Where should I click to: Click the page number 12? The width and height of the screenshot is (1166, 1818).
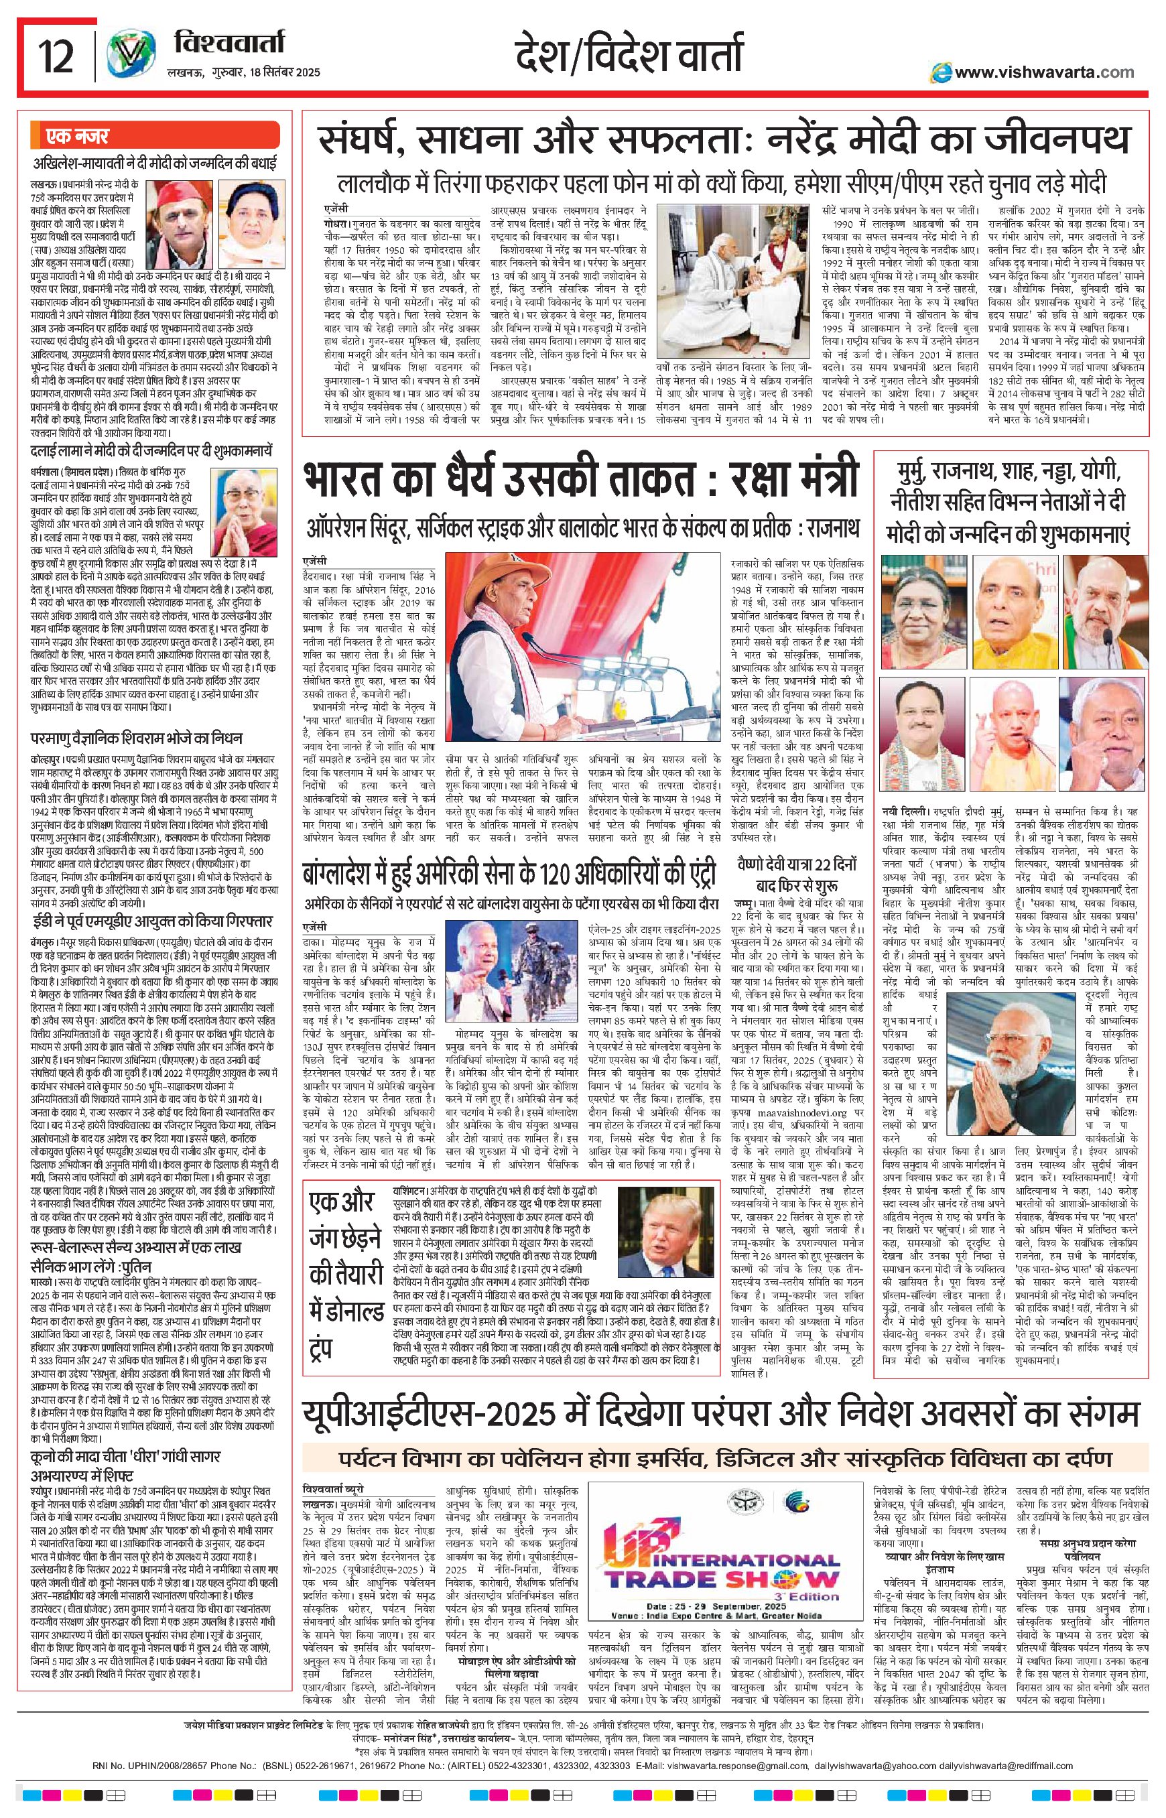[55, 57]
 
